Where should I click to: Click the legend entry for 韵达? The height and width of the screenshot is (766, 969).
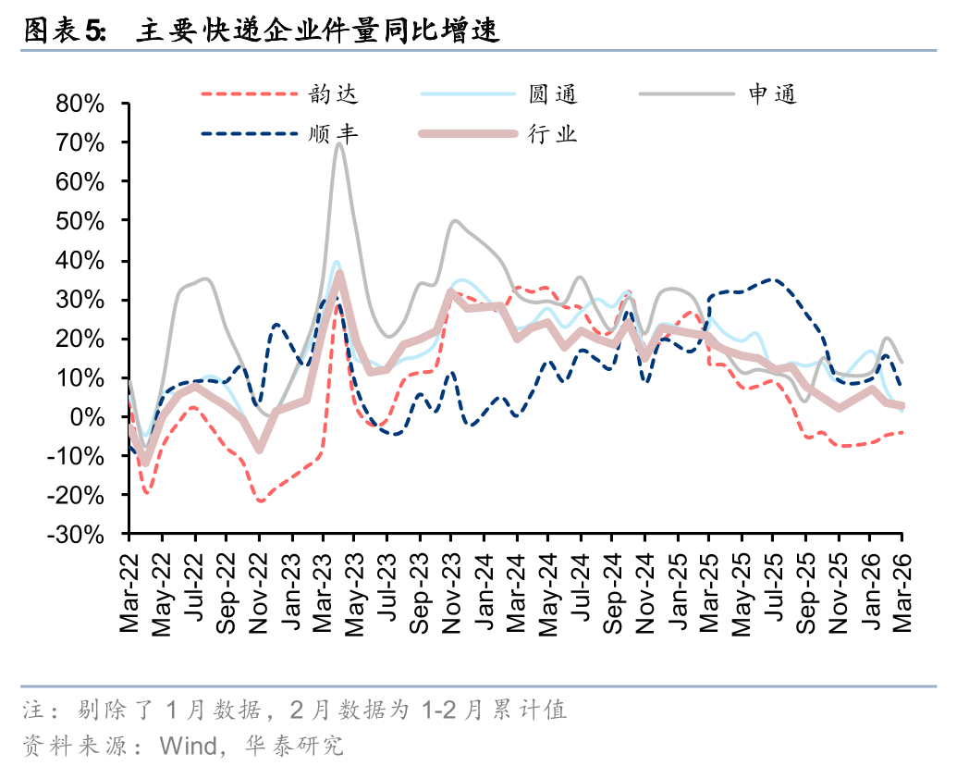(x=279, y=94)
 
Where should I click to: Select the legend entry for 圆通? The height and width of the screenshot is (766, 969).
(x=498, y=94)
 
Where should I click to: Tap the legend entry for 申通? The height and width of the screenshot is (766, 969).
(x=718, y=94)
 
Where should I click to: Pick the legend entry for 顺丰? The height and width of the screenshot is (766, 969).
(x=279, y=133)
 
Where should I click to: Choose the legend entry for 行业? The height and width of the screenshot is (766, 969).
(x=498, y=133)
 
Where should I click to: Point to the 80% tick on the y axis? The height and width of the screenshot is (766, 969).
(x=80, y=104)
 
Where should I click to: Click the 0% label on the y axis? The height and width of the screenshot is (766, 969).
(x=87, y=417)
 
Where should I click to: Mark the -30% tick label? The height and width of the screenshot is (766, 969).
(x=76, y=534)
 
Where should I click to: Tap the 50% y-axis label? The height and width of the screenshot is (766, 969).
(x=80, y=221)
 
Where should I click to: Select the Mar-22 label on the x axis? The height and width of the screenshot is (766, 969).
(x=129, y=593)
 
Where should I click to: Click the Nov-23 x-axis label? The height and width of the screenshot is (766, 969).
(x=452, y=593)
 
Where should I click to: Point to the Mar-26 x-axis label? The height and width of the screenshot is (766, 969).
(x=902, y=593)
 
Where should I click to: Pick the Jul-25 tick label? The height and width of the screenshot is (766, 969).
(x=774, y=587)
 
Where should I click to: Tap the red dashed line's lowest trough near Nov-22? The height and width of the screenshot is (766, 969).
(x=260, y=500)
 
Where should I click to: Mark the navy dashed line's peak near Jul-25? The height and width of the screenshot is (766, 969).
(x=772, y=279)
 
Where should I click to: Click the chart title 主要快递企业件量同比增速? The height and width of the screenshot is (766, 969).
(x=317, y=31)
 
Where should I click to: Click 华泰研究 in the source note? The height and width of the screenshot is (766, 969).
(x=294, y=746)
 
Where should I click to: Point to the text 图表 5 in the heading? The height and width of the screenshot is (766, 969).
(x=65, y=31)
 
